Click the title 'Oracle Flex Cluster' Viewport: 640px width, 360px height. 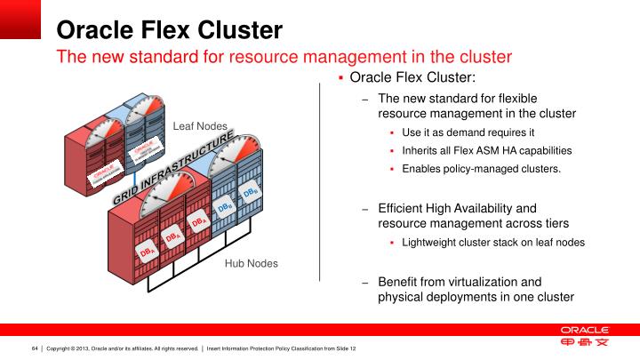click(170, 30)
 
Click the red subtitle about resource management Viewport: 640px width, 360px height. click(284, 58)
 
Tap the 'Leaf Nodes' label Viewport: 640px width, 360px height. click(200, 126)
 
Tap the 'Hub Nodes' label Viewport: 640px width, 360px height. click(251, 263)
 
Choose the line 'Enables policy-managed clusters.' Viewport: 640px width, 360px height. click(482, 168)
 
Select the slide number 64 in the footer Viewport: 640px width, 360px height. click(36, 348)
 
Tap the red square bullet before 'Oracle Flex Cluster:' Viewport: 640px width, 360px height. click(341, 78)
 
